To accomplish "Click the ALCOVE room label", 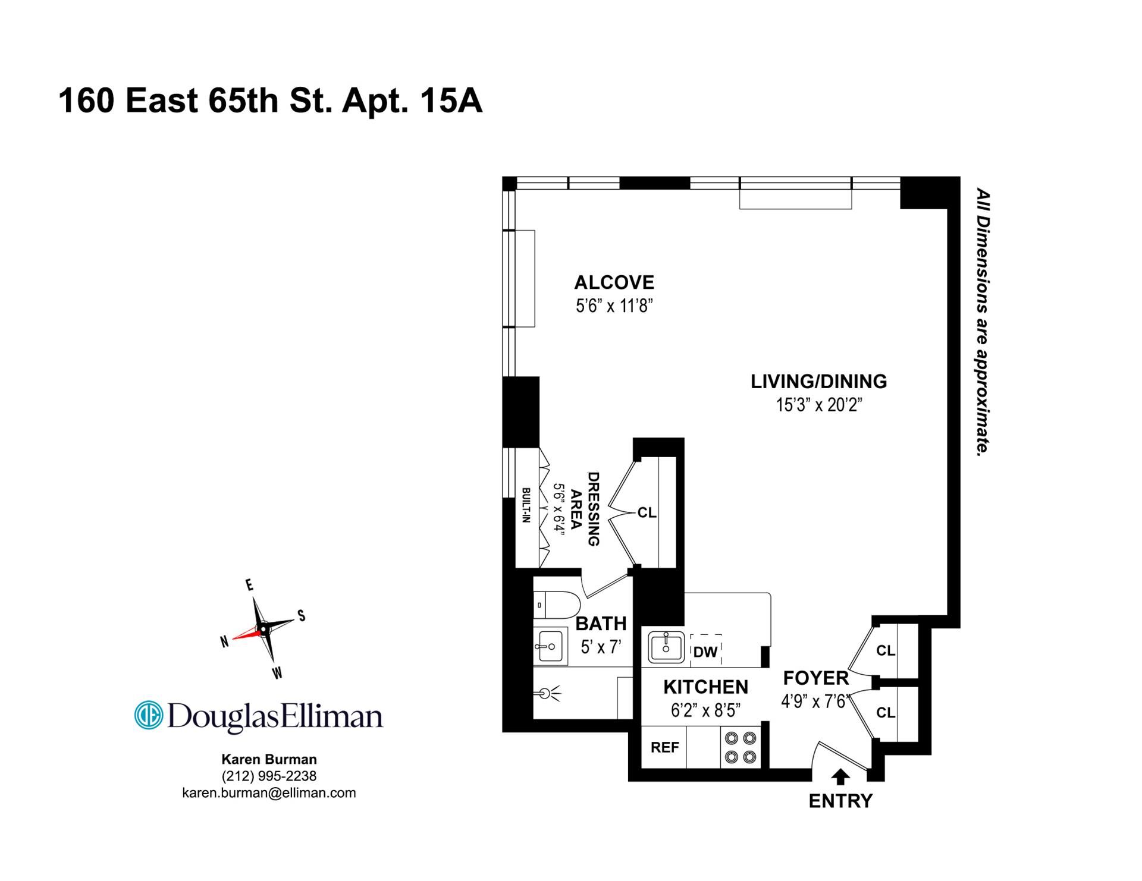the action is (x=614, y=282).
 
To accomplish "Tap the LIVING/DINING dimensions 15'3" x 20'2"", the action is (x=819, y=405).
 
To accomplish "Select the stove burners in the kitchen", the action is (x=741, y=748).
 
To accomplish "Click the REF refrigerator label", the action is (x=664, y=747).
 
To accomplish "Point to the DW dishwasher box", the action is (x=706, y=650).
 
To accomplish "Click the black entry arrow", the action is (x=840, y=777).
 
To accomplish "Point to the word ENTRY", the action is (x=840, y=801).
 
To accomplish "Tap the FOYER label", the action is (x=815, y=678).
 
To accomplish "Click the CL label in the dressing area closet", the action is (x=647, y=512).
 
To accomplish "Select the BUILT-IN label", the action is (x=526, y=505).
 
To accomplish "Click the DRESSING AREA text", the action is (x=584, y=509).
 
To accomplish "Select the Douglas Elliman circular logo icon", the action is (x=149, y=715).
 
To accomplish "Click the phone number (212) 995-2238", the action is (x=269, y=776).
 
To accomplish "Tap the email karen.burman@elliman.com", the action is (x=269, y=792).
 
